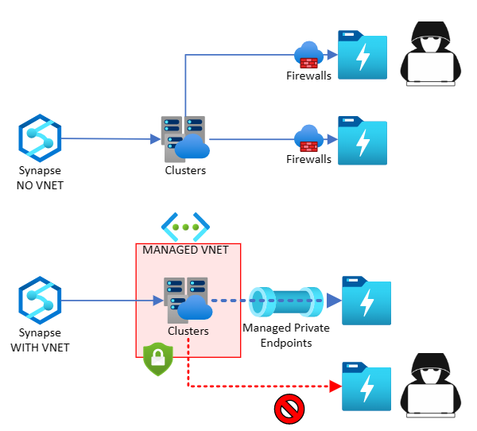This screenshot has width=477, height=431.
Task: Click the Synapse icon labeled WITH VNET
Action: point(40,301)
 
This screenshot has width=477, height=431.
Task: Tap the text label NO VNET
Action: point(40,185)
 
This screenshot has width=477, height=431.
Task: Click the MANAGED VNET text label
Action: point(185,250)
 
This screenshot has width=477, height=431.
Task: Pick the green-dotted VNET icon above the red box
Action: point(185,227)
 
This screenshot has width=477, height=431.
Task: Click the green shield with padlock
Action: point(157,359)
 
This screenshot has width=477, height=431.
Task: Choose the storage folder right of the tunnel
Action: point(365,300)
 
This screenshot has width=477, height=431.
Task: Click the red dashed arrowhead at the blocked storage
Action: point(336,386)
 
